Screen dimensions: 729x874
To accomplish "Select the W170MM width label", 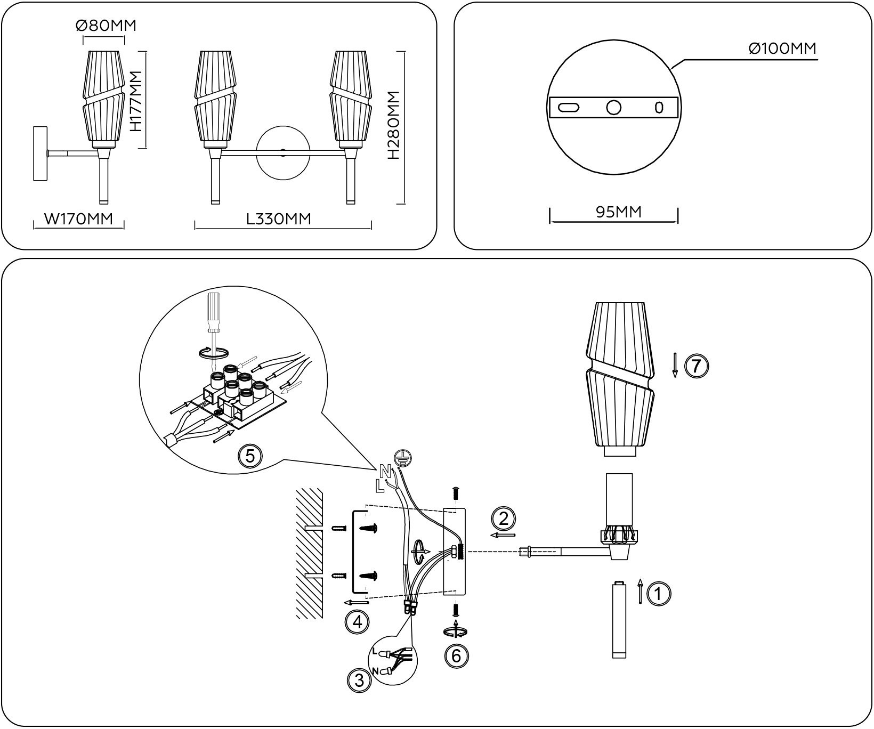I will point(78,218).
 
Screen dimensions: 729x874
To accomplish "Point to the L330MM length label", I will point(279,218).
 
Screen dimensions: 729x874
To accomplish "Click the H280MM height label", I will point(394,126).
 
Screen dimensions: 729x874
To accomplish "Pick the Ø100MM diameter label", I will point(782,48).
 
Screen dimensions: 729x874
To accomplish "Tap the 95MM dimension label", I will point(618,212).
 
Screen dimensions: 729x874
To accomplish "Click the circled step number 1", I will point(658,594).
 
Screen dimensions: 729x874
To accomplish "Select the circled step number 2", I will point(504,517).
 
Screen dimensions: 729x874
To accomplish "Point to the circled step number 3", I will point(359,679).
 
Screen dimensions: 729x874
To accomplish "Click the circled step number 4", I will point(357,621).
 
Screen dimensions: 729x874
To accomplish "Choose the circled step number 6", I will point(456,655).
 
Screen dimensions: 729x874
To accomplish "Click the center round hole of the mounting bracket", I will point(614,108).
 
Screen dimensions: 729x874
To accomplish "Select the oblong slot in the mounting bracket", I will point(569,108).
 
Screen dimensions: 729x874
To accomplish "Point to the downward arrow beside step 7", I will point(675,365).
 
